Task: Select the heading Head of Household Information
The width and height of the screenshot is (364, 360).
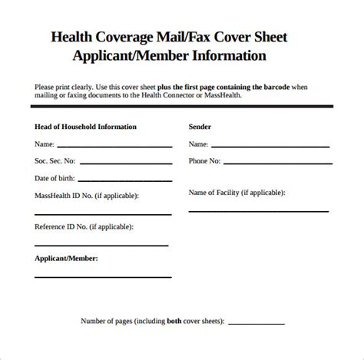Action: click(x=85, y=126)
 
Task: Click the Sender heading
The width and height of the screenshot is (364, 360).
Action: click(x=200, y=126)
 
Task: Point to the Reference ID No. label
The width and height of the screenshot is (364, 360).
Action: click(x=83, y=226)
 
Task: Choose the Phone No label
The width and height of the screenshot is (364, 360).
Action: click(x=204, y=161)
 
